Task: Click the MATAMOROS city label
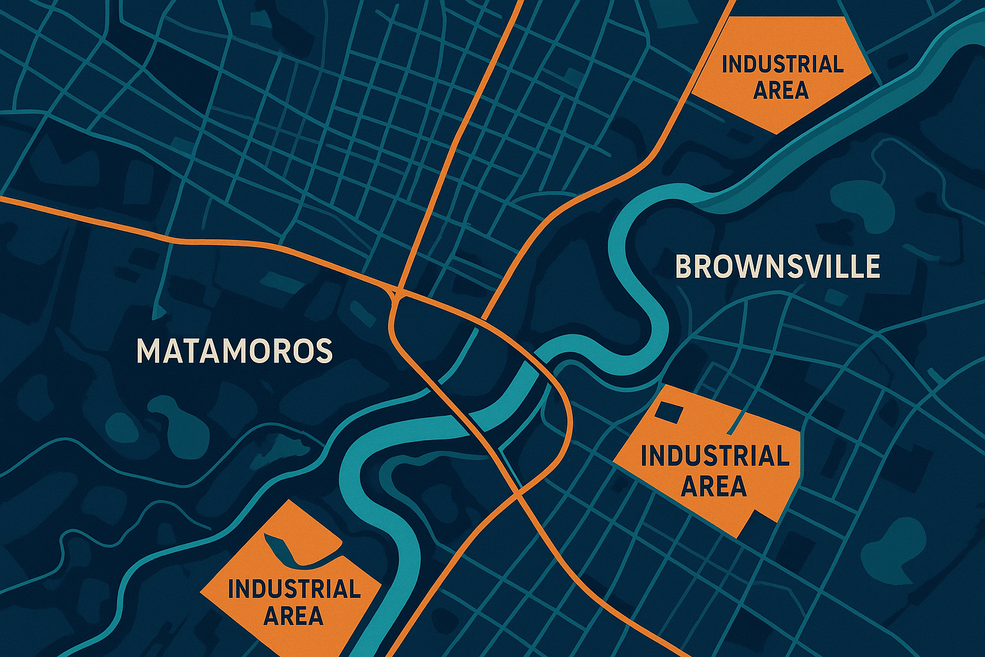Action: [x=235, y=351]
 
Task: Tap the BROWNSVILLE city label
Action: [x=778, y=267]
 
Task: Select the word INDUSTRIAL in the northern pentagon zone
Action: [x=782, y=64]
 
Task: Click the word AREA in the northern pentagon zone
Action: [x=780, y=90]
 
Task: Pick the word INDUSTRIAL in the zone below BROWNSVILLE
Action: [x=714, y=456]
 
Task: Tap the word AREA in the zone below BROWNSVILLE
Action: [x=714, y=486]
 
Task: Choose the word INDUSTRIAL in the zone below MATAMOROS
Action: [x=294, y=589]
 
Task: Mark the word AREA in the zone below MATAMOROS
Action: [x=293, y=616]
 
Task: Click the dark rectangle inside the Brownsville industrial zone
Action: [x=668, y=412]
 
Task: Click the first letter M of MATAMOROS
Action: [x=148, y=351]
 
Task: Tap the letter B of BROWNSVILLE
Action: [x=685, y=267]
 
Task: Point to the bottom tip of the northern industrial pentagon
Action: [x=777, y=133]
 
